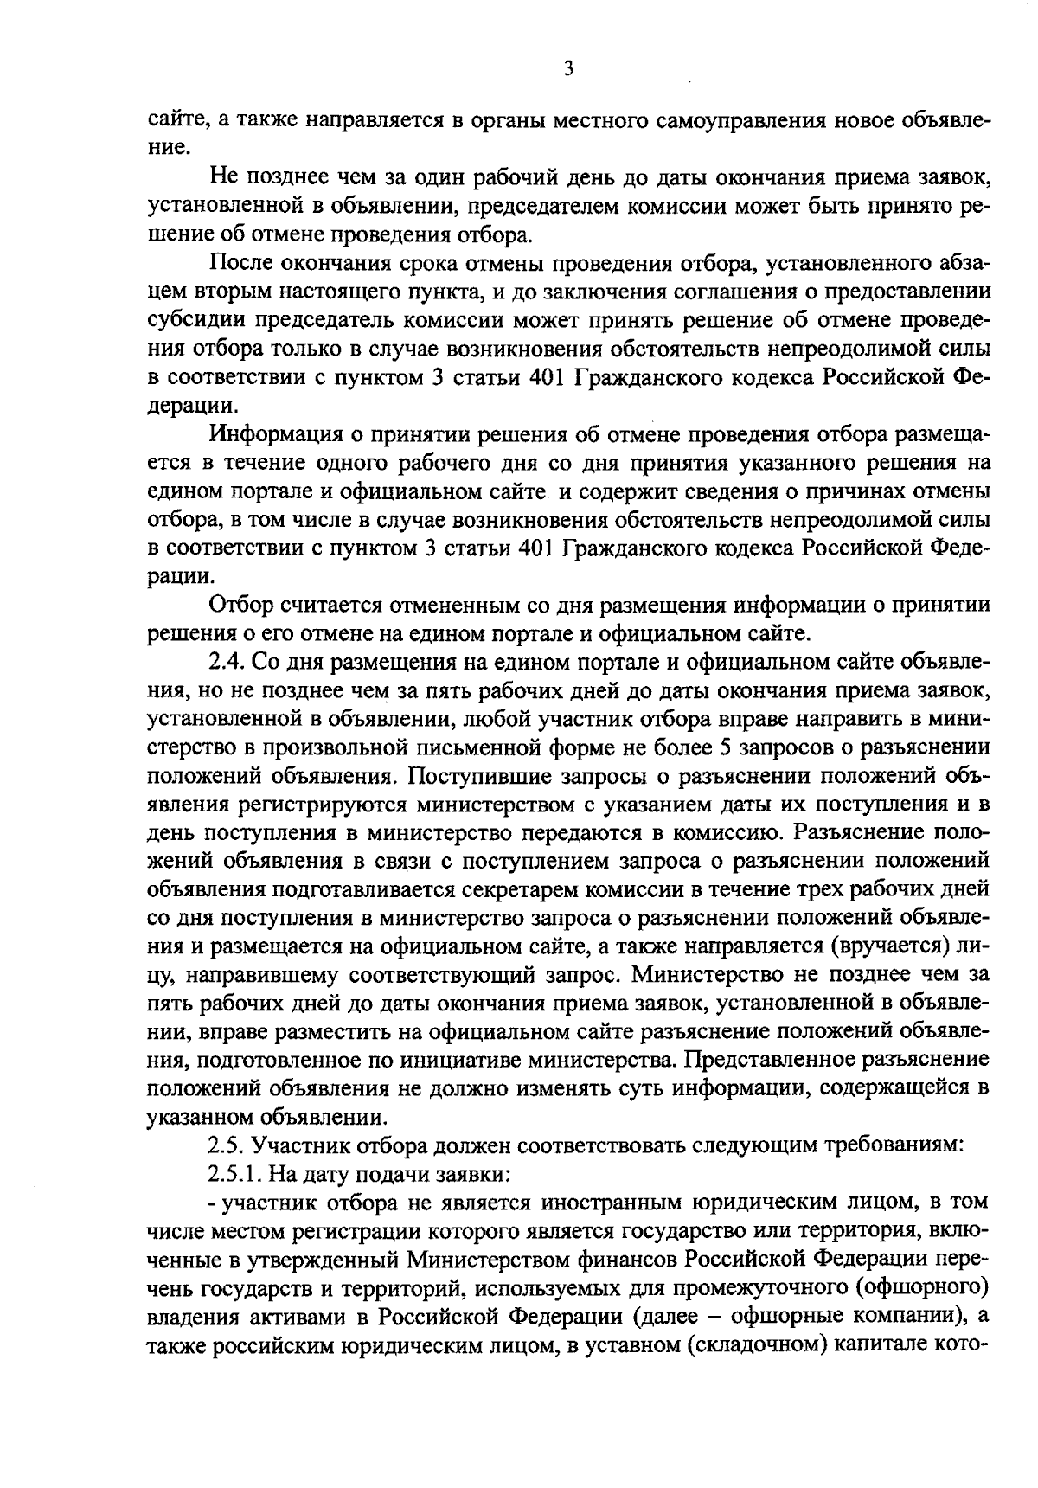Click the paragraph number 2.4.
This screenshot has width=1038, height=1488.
click(x=227, y=664)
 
